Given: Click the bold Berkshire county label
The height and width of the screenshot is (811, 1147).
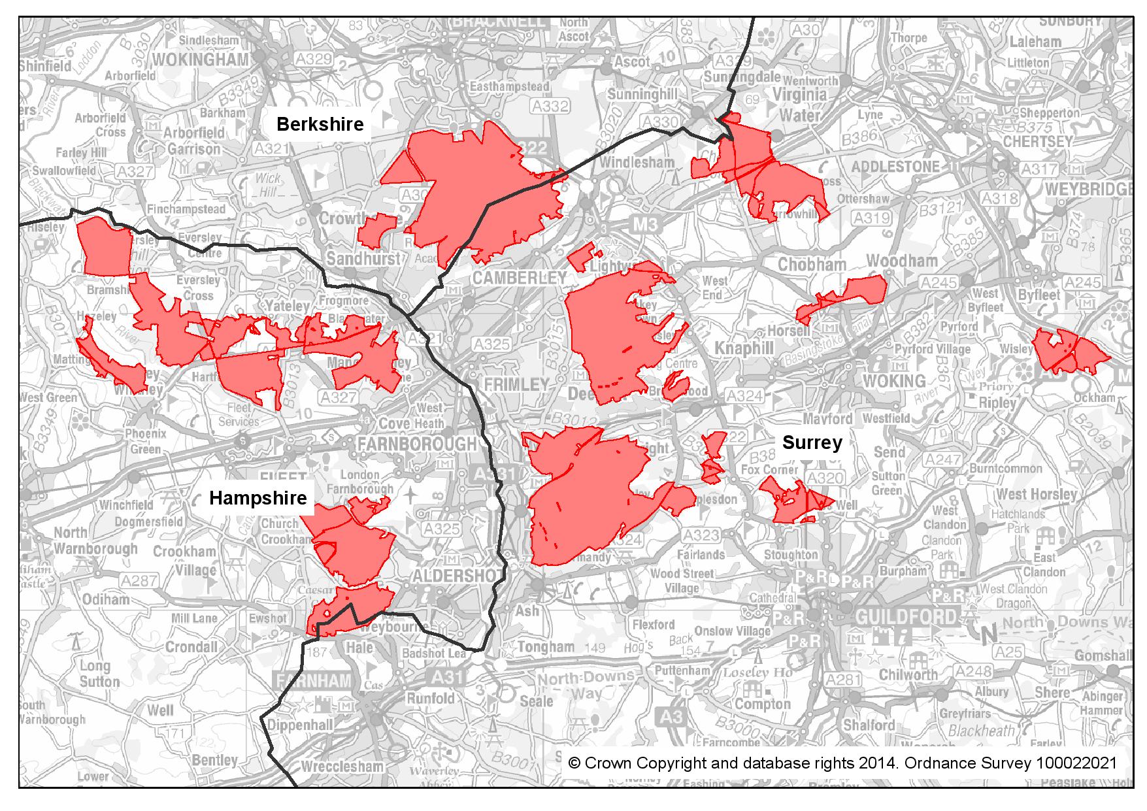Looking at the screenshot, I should point(320,124).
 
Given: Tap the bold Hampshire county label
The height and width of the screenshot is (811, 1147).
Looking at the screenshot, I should point(258,498).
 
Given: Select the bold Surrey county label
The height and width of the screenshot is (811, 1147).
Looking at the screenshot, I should point(812,442).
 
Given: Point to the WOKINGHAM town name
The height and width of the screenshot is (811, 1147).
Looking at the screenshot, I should point(201,59).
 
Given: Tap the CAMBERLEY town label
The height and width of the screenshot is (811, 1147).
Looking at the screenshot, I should point(519,278).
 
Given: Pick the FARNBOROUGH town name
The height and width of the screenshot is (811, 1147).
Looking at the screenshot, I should point(417,444).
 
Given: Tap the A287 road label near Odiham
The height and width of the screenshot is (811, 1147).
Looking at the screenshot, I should point(139,580).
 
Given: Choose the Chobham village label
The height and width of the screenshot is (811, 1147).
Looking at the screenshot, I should point(812,265).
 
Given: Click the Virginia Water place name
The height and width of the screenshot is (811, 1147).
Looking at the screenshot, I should point(800,105).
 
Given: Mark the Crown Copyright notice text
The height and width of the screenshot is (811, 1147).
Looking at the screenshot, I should point(842,763).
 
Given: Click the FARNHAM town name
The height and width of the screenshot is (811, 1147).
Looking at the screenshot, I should point(316,681).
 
